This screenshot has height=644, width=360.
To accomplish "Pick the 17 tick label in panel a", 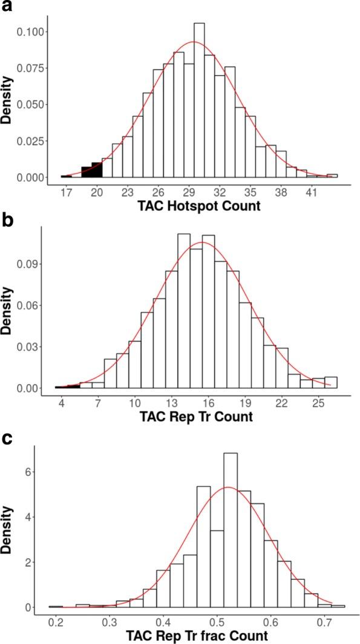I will pyautogui.click(x=66, y=194).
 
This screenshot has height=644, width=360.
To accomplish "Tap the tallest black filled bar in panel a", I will pyautogui.click(x=97, y=170).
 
